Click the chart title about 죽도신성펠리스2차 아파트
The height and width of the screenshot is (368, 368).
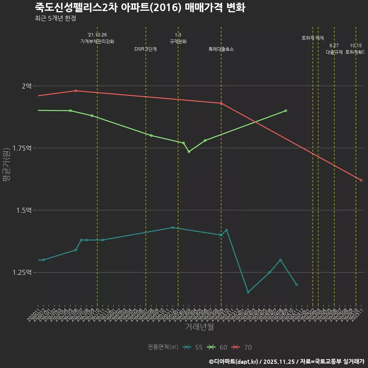[140, 7]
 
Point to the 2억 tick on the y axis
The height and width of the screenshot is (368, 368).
[26, 86]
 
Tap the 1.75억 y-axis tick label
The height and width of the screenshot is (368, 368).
[23, 148]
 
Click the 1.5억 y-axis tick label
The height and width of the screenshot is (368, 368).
[24, 210]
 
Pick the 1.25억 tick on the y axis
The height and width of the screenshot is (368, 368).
[23, 273]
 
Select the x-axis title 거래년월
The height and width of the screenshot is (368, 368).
[199, 327]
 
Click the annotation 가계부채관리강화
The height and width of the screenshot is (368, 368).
[97, 41]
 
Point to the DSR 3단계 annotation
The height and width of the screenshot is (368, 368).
[146, 49]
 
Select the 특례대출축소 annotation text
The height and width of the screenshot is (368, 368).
[221, 49]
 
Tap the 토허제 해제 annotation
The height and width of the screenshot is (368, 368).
[313, 38]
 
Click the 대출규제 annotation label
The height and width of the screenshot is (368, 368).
[334, 52]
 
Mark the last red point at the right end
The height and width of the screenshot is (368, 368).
[361, 180]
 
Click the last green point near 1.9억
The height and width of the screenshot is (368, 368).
[286, 111]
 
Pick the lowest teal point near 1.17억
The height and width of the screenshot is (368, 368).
[248, 292]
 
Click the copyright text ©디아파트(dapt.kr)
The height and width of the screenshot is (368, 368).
[235, 361]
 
